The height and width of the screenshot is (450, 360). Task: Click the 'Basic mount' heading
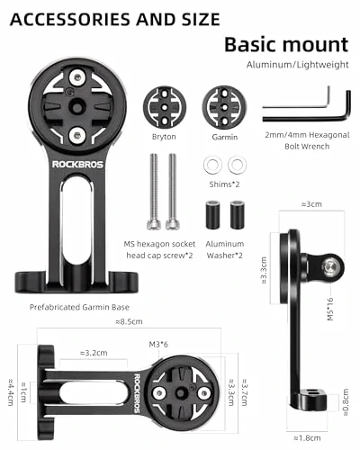click(286, 44)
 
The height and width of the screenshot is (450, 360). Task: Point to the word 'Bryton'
click(164, 137)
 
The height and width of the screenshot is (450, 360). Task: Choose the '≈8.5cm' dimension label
click(132, 321)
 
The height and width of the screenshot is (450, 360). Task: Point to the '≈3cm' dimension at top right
click(311, 205)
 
